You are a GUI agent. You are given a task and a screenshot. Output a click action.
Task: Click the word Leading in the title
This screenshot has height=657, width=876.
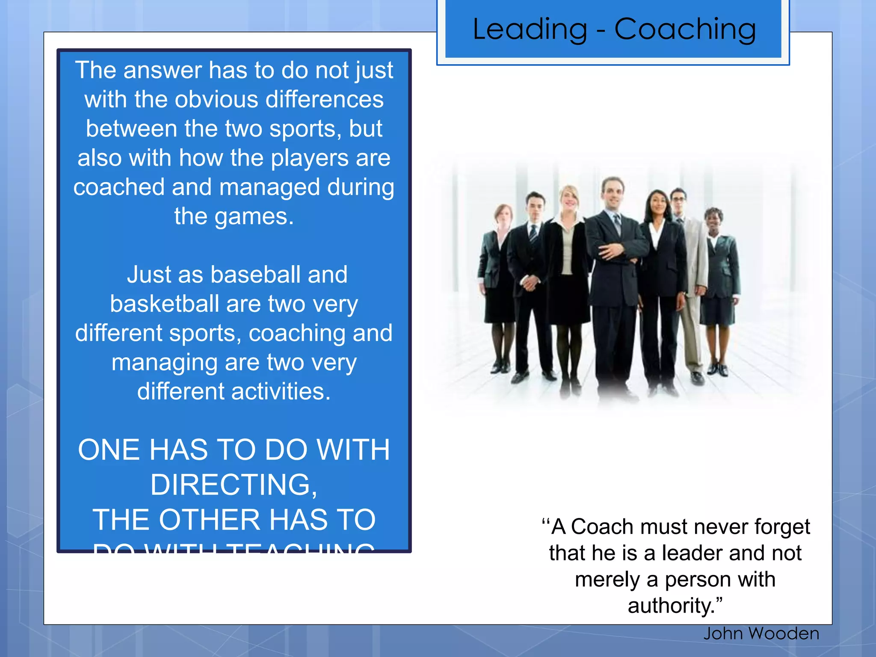(x=530, y=30)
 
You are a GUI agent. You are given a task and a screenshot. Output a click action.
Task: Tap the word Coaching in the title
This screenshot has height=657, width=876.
(x=685, y=30)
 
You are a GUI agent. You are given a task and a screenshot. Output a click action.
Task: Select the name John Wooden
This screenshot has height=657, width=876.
(x=761, y=633)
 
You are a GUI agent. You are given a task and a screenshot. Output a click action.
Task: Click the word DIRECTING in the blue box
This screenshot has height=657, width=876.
(x=233, y=485)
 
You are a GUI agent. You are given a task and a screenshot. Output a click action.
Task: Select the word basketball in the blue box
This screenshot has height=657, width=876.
(x=165, y=304)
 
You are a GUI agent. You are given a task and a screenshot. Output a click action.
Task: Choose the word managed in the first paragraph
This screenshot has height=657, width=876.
(x=269, y=187)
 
